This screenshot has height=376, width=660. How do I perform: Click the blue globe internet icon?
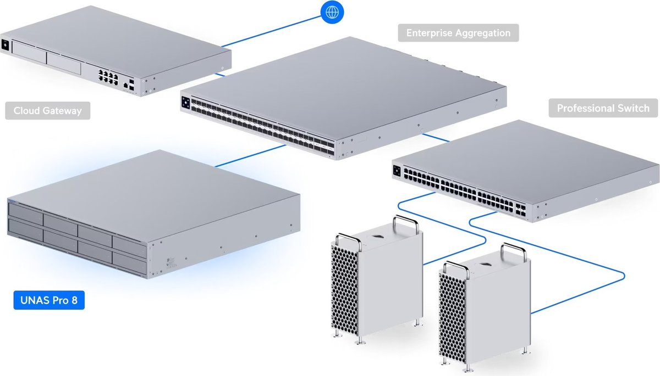tap(331, 12)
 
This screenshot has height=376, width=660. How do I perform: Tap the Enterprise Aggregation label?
tap(458, 33)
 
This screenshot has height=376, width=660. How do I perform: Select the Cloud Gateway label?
tap(47, 110)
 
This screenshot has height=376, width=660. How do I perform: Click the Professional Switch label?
tap(603, 108)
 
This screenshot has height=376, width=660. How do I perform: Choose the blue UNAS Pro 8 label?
tap(49, 301)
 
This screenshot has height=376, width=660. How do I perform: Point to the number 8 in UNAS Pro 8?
tap(75, 301)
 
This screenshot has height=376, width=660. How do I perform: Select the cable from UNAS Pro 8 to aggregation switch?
tap(248, 156)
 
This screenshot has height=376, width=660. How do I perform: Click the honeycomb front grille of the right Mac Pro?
tap(453, 318)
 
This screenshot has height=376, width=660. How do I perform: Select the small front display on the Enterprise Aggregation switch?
tap(185, 102)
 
